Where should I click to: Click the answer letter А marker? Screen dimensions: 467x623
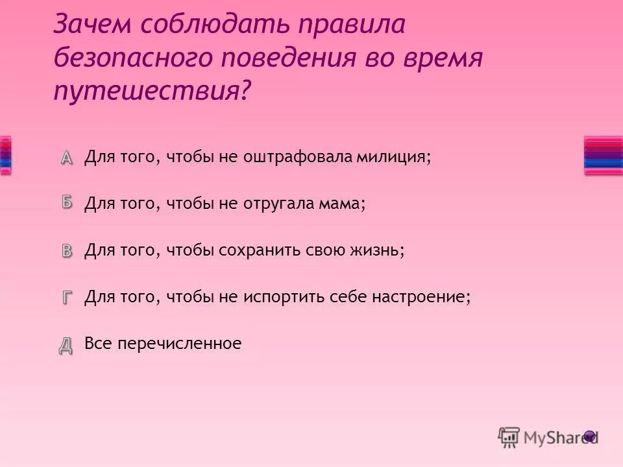coord(68,157)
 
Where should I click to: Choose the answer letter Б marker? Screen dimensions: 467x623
coord(68,202)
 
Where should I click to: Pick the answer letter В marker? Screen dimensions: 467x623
coord(68,250)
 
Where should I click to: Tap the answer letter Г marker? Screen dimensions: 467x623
coord(68,297)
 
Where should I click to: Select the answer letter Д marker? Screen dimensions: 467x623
coord(67,344)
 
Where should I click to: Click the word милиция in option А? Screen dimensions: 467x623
coord(397,158)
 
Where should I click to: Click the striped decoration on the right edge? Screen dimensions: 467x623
coord(603,155)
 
